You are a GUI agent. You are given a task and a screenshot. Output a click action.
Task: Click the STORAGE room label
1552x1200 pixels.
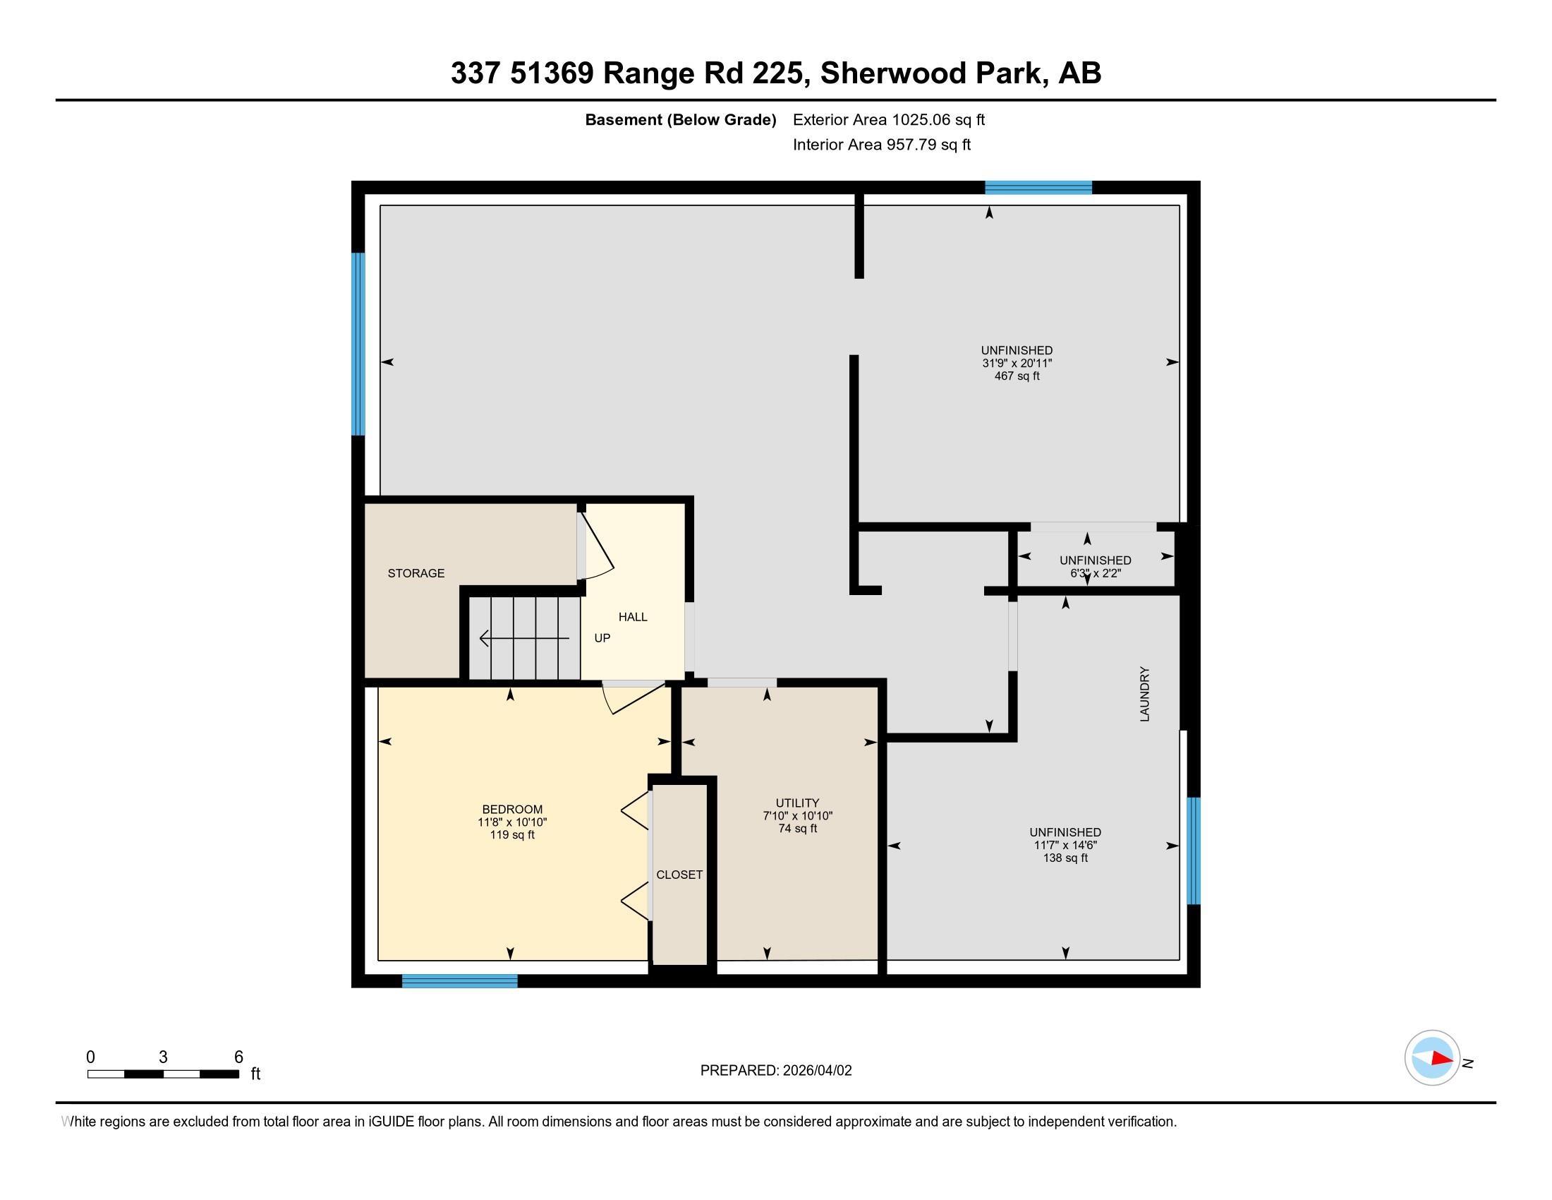(x=416, y=573)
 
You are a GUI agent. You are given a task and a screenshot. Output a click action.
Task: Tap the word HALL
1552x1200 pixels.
(x=633, y=617)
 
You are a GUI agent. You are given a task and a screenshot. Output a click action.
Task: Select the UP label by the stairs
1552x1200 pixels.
(x=602, y=638)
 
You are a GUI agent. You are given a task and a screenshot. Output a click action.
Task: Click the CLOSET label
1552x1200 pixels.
(x=679, y=875)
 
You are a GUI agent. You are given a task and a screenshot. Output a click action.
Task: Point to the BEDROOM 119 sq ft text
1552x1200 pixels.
(x=511, y=834)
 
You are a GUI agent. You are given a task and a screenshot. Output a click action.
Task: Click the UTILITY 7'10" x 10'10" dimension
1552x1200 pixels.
(x=797, y=816)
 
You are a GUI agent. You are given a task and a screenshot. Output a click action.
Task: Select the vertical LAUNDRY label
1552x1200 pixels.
(x=1144, y=694)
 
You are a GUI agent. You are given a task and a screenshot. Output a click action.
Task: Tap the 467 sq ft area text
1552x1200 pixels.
(x=1016, y=376)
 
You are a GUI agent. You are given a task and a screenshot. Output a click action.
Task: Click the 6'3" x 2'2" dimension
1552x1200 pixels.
(x=1095, y=573)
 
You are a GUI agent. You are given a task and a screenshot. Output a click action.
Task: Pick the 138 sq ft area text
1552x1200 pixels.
(x=1065, y=858)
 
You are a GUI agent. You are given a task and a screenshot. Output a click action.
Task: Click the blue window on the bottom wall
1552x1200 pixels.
(x=460, y=981)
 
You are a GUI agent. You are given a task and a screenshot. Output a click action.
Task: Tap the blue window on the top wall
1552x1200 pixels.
(x=1038, y=188)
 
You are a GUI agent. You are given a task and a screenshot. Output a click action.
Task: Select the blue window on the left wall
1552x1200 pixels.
(x=359, y=344)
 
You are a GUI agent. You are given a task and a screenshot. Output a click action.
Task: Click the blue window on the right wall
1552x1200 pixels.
(x=1194, y=851)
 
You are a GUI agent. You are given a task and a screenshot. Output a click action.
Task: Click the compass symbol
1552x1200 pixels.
(x=1432, y=1058)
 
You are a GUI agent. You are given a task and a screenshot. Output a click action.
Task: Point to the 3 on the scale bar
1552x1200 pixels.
(x=163, y=1057)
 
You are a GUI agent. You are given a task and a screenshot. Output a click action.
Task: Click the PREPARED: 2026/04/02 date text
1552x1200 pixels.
(x=775, y=1071)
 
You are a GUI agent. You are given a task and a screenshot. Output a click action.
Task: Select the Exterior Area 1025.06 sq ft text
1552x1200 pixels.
(x=888, y=120)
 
